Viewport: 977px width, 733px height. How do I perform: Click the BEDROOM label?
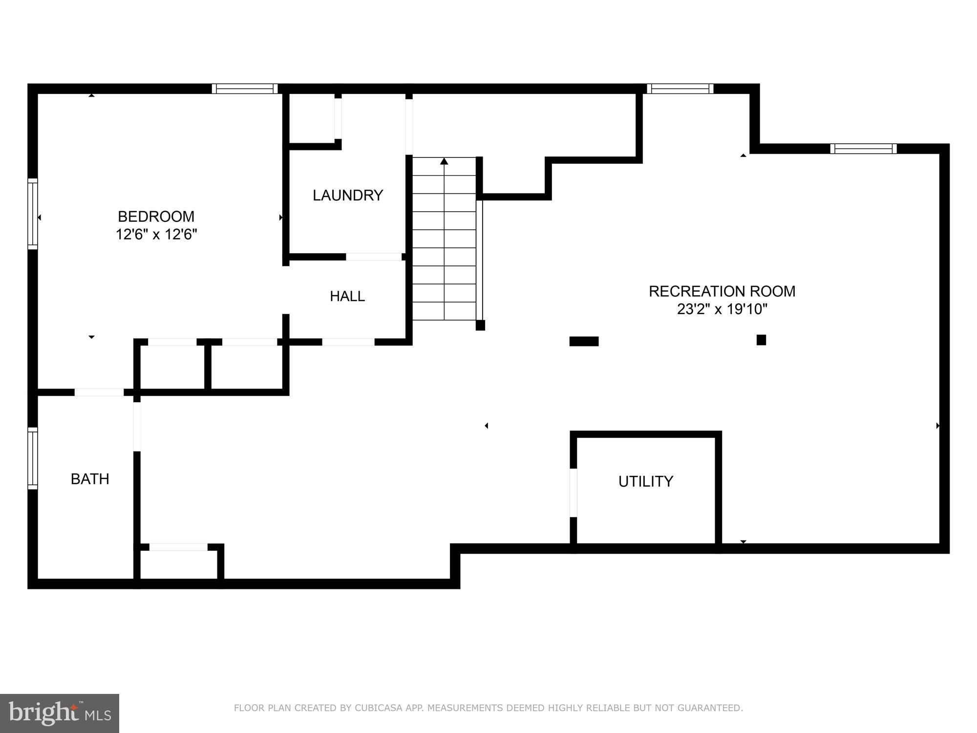coord(156,216)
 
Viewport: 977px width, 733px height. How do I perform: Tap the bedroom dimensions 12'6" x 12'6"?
coord(156,235)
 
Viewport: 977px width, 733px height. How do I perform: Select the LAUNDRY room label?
coord(347,195)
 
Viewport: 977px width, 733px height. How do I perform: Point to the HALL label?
coord(347,296)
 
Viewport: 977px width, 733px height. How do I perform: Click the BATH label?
coord(90,479)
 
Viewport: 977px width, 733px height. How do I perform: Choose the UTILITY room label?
coord(645,481)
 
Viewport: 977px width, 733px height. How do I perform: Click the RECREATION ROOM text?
coord(722,291)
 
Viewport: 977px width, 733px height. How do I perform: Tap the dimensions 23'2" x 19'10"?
coord(722,309)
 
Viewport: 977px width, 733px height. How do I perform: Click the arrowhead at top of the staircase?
coord(444,161)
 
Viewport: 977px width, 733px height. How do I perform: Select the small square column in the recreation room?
coord(761,340)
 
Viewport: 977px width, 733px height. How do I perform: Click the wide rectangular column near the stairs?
coord(584,341)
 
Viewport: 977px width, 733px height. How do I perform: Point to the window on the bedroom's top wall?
coord(245,88)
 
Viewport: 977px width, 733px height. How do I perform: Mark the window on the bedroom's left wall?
coord(32,214)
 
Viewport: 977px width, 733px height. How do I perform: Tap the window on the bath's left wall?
coord(32,458)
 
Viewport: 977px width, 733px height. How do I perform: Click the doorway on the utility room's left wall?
coord(573,492)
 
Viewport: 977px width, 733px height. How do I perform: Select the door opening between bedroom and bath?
coord(99,392)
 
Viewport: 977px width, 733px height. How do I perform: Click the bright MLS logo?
coord(60,713)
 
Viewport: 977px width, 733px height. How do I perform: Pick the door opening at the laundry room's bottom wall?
coord(374,257)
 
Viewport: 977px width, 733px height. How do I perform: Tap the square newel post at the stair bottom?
coord(480,325)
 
